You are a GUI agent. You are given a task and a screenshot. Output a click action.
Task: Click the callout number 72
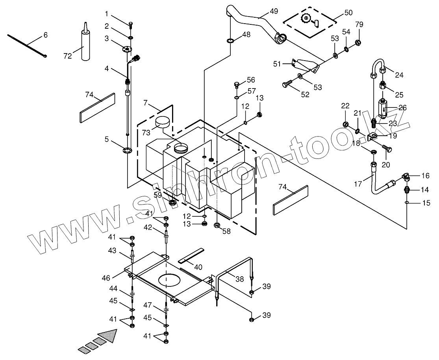(x=67, y=56)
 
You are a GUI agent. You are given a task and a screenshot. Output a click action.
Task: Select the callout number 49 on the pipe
(x=263, y=11)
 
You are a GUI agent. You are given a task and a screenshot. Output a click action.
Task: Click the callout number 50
(x=348, y=13)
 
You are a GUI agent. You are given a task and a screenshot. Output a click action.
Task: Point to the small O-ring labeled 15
(x=406, y=203)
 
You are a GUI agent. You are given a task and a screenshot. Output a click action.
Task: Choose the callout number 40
(x=198, y=267)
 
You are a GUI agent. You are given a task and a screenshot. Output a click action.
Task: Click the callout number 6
(x=45, y=35)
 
